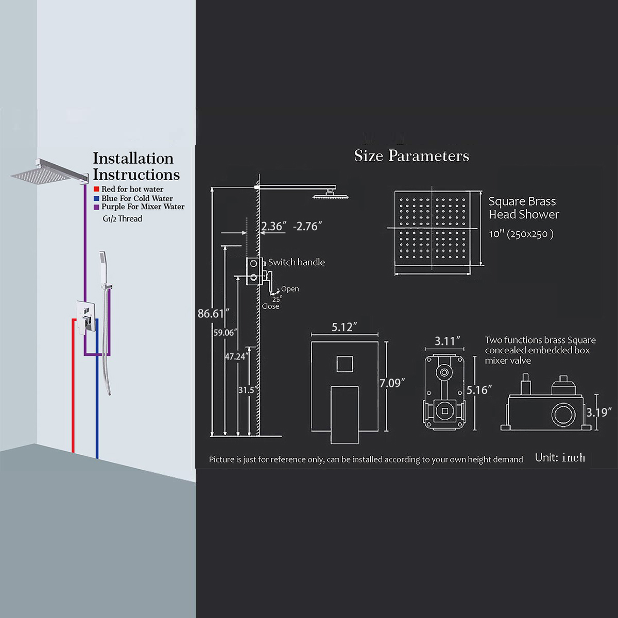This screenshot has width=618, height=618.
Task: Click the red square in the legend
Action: (x=96, y=189)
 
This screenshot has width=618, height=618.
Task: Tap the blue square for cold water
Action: (x=96, y=198)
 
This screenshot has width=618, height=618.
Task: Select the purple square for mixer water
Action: (x=96, y=207)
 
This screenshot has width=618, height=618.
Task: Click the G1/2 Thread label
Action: (x=122, y=219)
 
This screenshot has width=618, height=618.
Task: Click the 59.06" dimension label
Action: (x=226, y=333)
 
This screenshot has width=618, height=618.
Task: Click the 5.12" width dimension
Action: (x=344, y=327)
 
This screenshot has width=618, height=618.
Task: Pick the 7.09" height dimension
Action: (x=392, y=383)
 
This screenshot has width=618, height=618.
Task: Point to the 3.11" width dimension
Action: (x=448, y=341)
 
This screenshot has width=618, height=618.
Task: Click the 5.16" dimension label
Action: (x=479, y=390)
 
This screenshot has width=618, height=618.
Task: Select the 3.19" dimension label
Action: (x=599, y=412)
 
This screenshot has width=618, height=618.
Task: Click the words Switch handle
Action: (x=296, y=262)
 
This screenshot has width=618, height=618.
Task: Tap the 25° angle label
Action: (x=278, y=299)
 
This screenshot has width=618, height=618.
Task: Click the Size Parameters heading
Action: (x=411, y=156)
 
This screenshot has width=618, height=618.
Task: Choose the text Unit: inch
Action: (x=560, y=458)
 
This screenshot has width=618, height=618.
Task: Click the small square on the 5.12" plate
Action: (x=345, y=364)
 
